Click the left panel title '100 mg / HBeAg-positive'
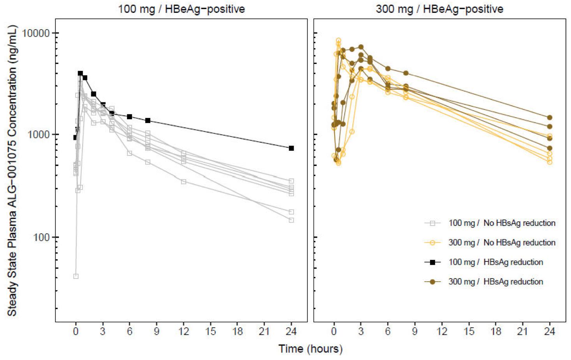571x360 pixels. click(x=182, y=9)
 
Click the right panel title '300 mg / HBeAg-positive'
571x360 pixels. click(x=439, y=9)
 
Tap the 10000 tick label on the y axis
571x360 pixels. click(x=37, y=33)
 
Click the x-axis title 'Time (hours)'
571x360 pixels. click(x=310, y=348)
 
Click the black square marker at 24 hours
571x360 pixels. click(x=291, y=148)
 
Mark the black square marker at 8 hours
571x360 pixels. click(x=148, y=120)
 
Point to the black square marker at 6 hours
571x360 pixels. click(x=130, y=116)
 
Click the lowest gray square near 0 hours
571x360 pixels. click(x=76, y=276)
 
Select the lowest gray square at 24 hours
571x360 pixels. click(x=291, y=220)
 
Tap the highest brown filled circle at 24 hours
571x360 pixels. click(x=550, y=117)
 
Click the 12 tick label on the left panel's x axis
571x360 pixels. click(x=183, y=332)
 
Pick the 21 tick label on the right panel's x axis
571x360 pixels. click(x=522, y=332)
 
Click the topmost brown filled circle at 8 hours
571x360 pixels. click(x=406, y=73)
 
